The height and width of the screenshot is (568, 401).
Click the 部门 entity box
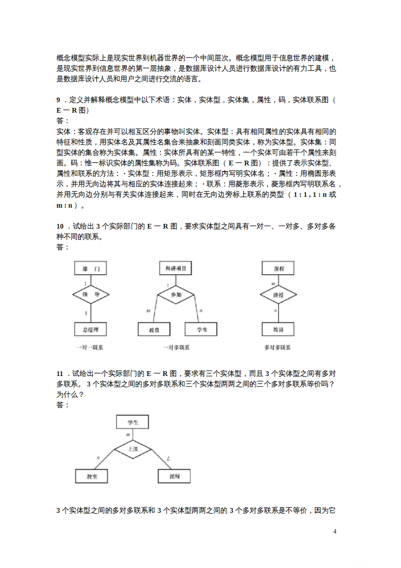pyautogui.click(x=90, y=268)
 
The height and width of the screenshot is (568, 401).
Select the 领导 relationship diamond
pyautogui.click(x=91, y=295)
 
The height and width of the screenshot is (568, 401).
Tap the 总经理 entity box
pyautogui.click(x=90, y=330)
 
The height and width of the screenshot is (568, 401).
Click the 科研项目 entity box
pyautogui.click(x=176, y=268)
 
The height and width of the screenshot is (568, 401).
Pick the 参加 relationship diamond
pyautogui.click(x=176, y=295)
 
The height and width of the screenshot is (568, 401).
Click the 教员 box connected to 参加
pyautogui.click(x=154, y=330)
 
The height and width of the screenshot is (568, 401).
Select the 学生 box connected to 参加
pyautogui.click(x=201, y=330)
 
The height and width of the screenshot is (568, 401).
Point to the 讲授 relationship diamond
pyautogui.click(x=278, y=295)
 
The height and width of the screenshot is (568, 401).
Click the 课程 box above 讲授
pyautogui.click(x=278, y=268)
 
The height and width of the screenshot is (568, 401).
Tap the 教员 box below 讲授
pyautogui.click(x=278, y=330)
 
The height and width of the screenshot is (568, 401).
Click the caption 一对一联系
pyautogui.click(x=89, y=347)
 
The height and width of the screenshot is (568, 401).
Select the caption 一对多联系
pyautogui.click(x=176, y=347)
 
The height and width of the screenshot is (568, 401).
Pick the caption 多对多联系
pyautogui.click(x=277, y=347)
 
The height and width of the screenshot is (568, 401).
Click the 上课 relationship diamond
pyautogui.click(x=133, y=449)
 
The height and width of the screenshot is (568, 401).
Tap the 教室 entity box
pyautogui.click(x=92, y=476)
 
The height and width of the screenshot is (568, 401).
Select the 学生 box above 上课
pyautogui.click(x=133, y=422)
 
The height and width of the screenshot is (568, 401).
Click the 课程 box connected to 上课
pyautogui.click(x=174, y=476)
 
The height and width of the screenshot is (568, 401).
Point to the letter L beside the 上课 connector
pyautogui.click(x=168, y=459)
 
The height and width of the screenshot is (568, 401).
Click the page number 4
pyautogui.click(x=335, y=531)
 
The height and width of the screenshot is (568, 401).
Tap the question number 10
pyautogui.click(x=60, y=227)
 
